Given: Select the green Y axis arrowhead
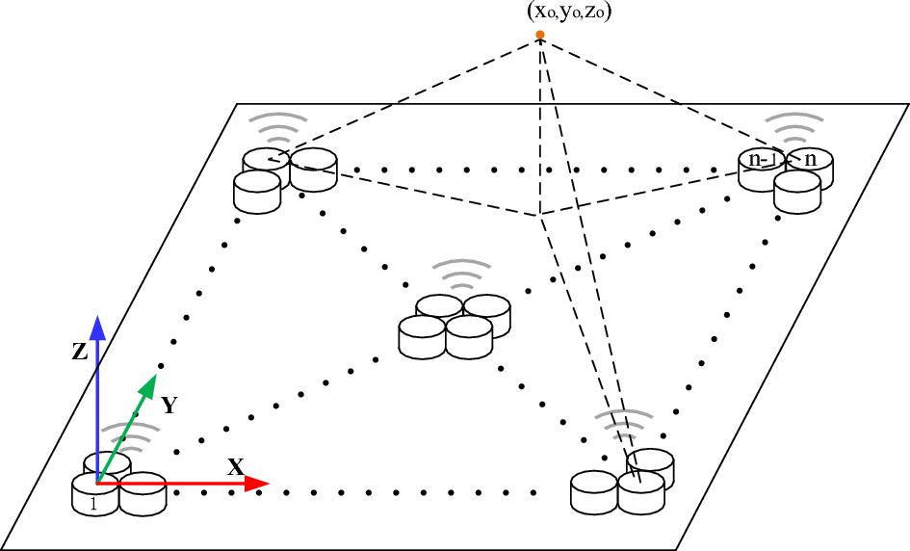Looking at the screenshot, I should tap(147, 386).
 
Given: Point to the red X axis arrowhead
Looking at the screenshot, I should tap(255, 484).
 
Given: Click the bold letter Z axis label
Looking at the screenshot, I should tap(80, 353).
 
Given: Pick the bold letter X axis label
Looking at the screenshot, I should tap(236, 467).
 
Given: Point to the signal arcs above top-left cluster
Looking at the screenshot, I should tap(275, 127).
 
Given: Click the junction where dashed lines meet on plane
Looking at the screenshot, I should tap(540, 215).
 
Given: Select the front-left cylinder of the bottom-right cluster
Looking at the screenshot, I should tap(593, 493).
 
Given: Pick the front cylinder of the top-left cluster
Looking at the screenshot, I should tap(256, 191).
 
